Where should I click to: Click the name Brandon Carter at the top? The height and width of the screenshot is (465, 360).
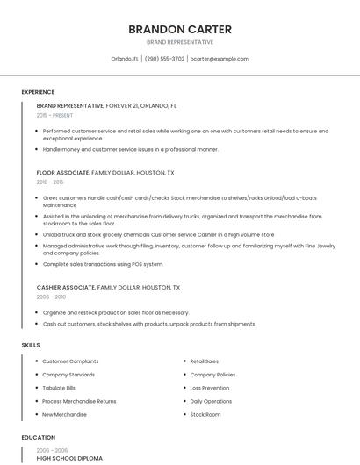tap(180, 29)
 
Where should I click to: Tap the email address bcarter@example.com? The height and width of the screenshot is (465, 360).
tap(220, 59)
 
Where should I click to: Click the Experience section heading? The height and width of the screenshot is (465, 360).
tap(38, 92)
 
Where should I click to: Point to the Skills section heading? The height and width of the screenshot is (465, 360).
tap(31, 345)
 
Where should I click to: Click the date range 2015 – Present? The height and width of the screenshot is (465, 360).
tap(54, 115)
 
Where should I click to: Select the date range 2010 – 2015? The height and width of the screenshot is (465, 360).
tap(50, 182)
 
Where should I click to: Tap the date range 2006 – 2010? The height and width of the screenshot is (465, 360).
tap(51, 297)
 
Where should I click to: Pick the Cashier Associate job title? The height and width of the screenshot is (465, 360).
tap(66, 287)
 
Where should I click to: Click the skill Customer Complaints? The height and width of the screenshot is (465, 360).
tap(70, 361)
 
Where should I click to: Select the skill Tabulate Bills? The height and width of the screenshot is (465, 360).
tap(59, 388)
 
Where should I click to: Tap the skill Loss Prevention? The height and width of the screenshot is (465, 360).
tap(210, 388)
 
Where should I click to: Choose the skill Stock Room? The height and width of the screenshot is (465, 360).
tap(205, 414)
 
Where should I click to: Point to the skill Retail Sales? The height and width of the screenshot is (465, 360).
tap(205, 361)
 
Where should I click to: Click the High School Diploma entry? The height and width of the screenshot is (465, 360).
tap(69, 458)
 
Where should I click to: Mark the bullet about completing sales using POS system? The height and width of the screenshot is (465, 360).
tap(104, 264)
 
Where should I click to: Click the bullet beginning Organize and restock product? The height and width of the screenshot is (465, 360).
tap(116, 312)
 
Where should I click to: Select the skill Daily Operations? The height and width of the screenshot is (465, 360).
tap(211, 401)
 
